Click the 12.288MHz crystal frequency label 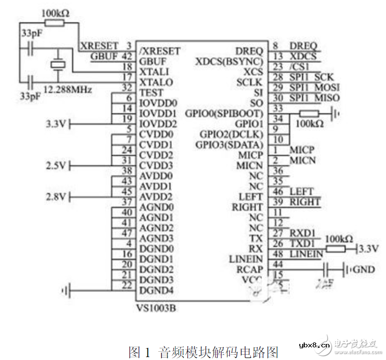tap(68, 90)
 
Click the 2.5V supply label tap(55, 166)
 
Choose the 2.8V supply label tap(55, 197)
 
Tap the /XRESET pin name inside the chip tap(160, 51)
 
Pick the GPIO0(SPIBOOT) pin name tap(224, 113)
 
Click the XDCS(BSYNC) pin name tap(229, 61)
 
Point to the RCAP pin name tap(250, 270)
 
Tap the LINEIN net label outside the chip tap(306, 253)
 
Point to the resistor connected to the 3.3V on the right tap(336, 249)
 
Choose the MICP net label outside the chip tap(302, 149)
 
